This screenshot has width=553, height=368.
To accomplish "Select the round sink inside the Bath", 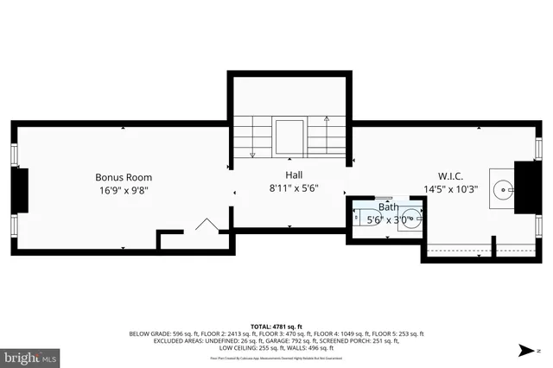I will coord(410,217).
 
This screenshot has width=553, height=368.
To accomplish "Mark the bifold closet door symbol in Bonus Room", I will coord(207,226).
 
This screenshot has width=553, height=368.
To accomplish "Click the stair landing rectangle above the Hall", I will coord(289,136).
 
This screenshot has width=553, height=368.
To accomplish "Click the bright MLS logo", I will coord(30,356).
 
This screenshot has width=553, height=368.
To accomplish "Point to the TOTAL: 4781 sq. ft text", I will coord(276,326).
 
